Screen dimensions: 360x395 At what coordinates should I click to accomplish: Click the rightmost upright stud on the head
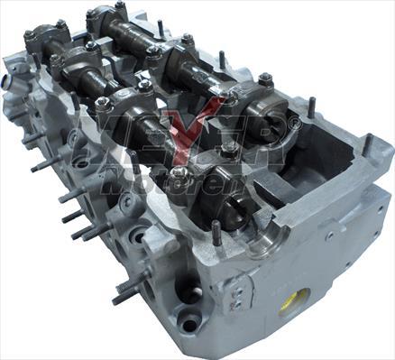pyautogui.click(x=367, y=144)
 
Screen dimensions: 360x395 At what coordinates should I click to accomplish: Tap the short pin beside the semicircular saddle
pyautogui.click(x=216, y=232)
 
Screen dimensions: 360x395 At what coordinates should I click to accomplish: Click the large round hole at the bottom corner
pyautogui.click(x=189, y=321)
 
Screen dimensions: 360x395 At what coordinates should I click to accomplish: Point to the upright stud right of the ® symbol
pyautogui.click(x=311, y=106)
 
